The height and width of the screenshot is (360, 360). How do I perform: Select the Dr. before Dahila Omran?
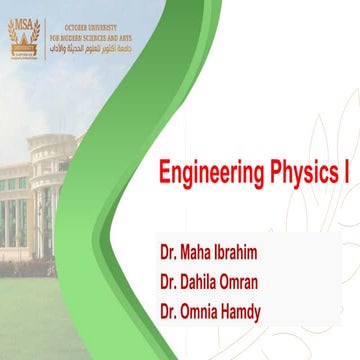click(168, 280)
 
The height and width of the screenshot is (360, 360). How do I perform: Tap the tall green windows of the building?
click(15, 220)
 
